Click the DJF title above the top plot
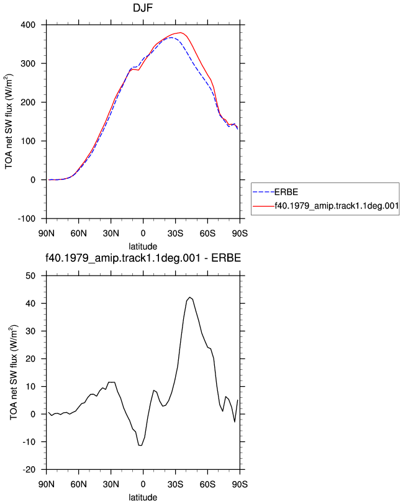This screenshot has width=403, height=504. tap(143, 7)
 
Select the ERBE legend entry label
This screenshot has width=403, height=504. tap(286, 192)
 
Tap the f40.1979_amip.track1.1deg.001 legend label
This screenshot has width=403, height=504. tap(337, 205)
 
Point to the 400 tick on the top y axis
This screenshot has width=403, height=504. tap(28, 25)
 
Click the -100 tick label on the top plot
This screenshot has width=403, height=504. tap(26, 218)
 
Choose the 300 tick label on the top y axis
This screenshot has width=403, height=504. tap(28, 64)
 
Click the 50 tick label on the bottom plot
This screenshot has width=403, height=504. tap(30, 276)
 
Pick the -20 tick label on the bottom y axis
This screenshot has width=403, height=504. tap(29, 470)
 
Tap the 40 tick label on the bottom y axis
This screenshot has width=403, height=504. tap(30, 304)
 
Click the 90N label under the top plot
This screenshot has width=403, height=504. tap(47, 233)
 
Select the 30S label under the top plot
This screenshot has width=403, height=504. tap(175, 233)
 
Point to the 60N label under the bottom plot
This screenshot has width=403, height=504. tap(78, 484)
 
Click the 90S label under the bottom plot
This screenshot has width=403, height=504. tap(240, 484)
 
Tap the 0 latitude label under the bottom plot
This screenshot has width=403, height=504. tap(143, 484)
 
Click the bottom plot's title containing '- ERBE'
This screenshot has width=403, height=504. tap(143, 258)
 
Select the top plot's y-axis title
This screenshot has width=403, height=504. tap(9, 122)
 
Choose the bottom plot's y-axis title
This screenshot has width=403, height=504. tap(14, 372)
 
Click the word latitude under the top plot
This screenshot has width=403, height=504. tap(143, 246)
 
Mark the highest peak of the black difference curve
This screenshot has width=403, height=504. tap(190, 297)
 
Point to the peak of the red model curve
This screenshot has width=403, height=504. tap(181, 32)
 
